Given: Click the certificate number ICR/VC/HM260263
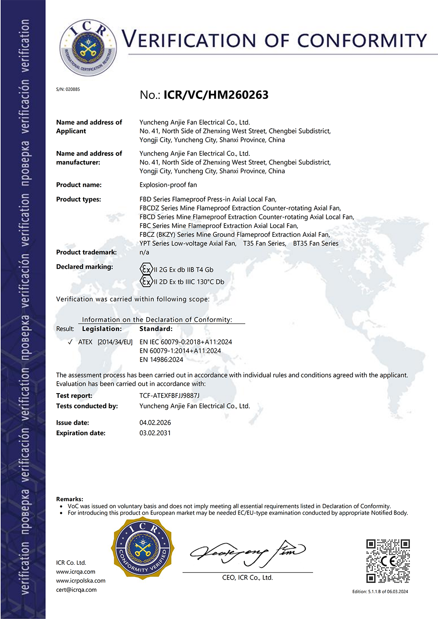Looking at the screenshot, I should coord(215,95).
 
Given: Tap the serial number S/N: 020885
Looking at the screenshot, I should coord(68,89).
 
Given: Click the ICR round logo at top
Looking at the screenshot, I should coord(88,47).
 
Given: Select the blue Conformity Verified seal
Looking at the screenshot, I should coord(143,549).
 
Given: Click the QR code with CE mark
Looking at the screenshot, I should coord(388,561).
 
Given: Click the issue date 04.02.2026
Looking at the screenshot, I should coord(155,422).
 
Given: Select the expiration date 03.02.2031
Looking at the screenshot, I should coord(155,433).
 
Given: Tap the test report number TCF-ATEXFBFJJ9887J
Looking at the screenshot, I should coord(169,395).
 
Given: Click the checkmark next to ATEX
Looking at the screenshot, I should coord(70,342).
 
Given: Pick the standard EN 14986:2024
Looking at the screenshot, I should coord(161,359).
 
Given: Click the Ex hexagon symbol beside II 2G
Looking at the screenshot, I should coord(146,269).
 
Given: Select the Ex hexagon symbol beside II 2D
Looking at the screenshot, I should coord(146,281).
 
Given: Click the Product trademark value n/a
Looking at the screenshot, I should coord(144,252).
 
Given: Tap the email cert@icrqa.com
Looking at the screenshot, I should coord(76,590).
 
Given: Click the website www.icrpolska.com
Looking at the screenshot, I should coord(81,580).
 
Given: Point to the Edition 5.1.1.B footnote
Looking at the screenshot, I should coord(380,591).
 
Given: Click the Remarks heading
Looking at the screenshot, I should coord(70,499).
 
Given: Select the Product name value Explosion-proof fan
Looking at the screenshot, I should coord(168,185).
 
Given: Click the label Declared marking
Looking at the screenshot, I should coord(85,267).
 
